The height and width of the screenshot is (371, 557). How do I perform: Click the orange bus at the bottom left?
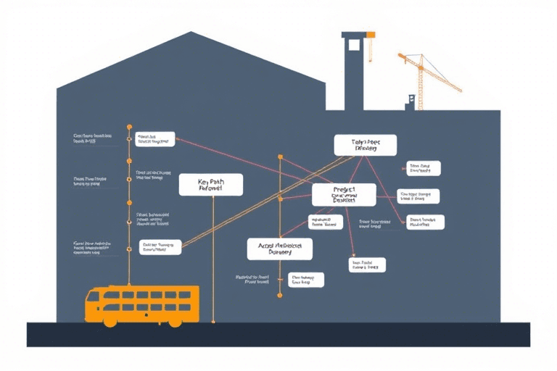coord(142,305)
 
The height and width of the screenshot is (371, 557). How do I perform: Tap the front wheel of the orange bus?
coord(110,321)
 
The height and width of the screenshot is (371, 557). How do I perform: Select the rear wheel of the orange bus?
coord(175,321)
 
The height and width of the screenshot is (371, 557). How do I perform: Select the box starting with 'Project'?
coord(344,194)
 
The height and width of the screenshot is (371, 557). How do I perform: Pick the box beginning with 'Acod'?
coord(280,249)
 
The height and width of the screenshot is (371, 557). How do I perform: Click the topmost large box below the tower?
coord(366,145)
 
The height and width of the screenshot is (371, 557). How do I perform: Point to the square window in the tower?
coord(354,45)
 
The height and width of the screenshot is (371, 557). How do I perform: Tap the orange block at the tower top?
coord(370,34)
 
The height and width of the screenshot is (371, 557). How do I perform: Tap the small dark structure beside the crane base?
coord(410,101)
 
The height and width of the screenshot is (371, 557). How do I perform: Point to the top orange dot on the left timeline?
coord(129,125)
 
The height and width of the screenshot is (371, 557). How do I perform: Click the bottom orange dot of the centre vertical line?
coord(279,295)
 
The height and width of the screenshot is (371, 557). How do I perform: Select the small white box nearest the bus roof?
coord(161,248)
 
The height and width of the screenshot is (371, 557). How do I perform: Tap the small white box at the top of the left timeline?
coord(154,138)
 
